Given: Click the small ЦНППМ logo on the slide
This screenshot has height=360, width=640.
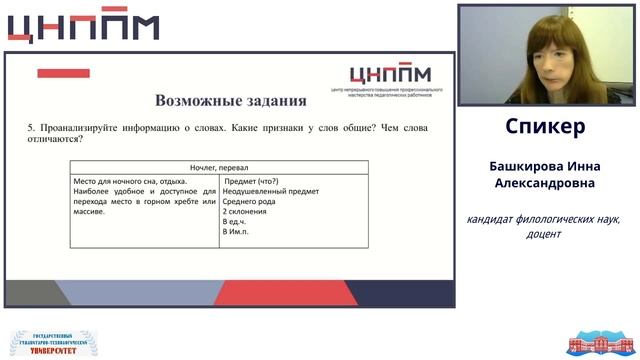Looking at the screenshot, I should click(x=391, y=75).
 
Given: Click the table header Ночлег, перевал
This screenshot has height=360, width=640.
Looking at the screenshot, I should click(x=219, y=167).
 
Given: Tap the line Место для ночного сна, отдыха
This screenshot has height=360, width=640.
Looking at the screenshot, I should click(x=130, y=180).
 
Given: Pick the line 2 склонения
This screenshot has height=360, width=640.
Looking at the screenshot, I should click(x=246, y=212).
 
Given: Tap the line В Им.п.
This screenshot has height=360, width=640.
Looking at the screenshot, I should click(x=236, y=232).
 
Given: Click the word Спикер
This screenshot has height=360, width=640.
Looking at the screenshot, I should click(x=545, y=128).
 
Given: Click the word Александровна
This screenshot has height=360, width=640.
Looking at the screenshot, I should click(x=545, y=183).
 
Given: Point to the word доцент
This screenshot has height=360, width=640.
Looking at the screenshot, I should click(x=545, y=234).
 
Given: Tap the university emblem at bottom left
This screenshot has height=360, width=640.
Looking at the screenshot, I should click(x=48, y=341).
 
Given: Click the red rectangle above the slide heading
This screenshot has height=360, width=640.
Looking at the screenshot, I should click(x=63, y=73).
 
